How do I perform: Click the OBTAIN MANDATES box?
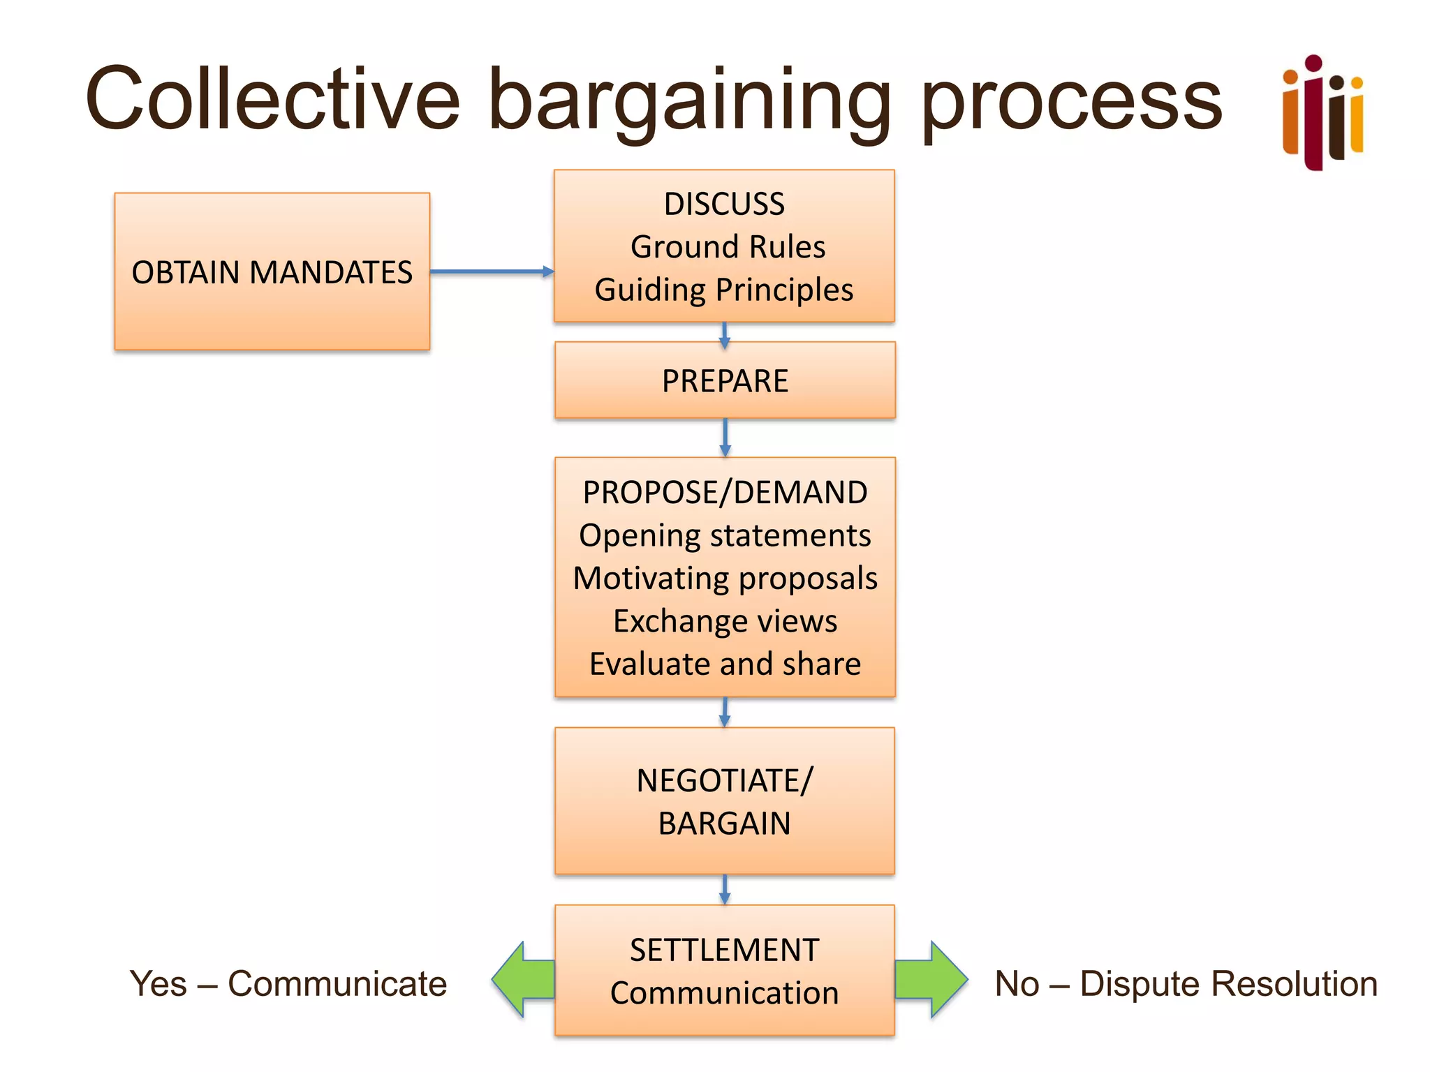pyautogui.click(x=272, y=271)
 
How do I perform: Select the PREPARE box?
pyautogui.click(x=725, y=380)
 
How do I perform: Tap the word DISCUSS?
pyautogui.click(x=724, y=204)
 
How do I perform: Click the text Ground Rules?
pyautogui.click(x=728, y=246)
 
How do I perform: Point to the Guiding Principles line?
pyautogui.click(x=724, y=290)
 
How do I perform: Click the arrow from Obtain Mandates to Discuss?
pyautogui.click(x=491, y=271)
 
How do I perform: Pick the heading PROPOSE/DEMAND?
pyautogui.click(x=725, y=492)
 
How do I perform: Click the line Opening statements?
pyautogui.click(x=725, y=535)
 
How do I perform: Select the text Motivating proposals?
pyautogui.click(x=725, y=578)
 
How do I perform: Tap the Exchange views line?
pyautogui.click(x=725, y=620)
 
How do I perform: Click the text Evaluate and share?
pyautogui.click(x=725, y=664)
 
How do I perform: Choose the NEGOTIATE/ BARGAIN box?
pyautogui.click(x=724, y=801)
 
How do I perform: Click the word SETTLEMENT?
pyautogui.click(x=724, y=950)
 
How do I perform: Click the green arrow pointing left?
pyautogui.click(x=522, y=979)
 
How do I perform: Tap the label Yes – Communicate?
pyautogui.click(x=288, y=983)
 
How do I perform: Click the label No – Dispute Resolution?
pyautogui.click(x=1186, y=983)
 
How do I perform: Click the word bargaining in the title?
pyautogui.click(x=688, y=101)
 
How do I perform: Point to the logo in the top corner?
pyautogui.click(x=1322, y=112)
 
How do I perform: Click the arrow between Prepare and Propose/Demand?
pyautogui.click(x=725, y=438)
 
